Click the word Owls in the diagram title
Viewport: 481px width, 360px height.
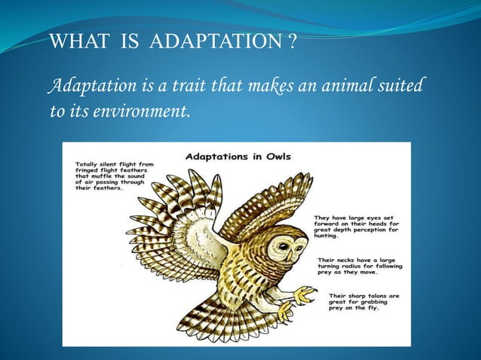point(275,157)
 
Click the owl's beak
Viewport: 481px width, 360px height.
point(296,254)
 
